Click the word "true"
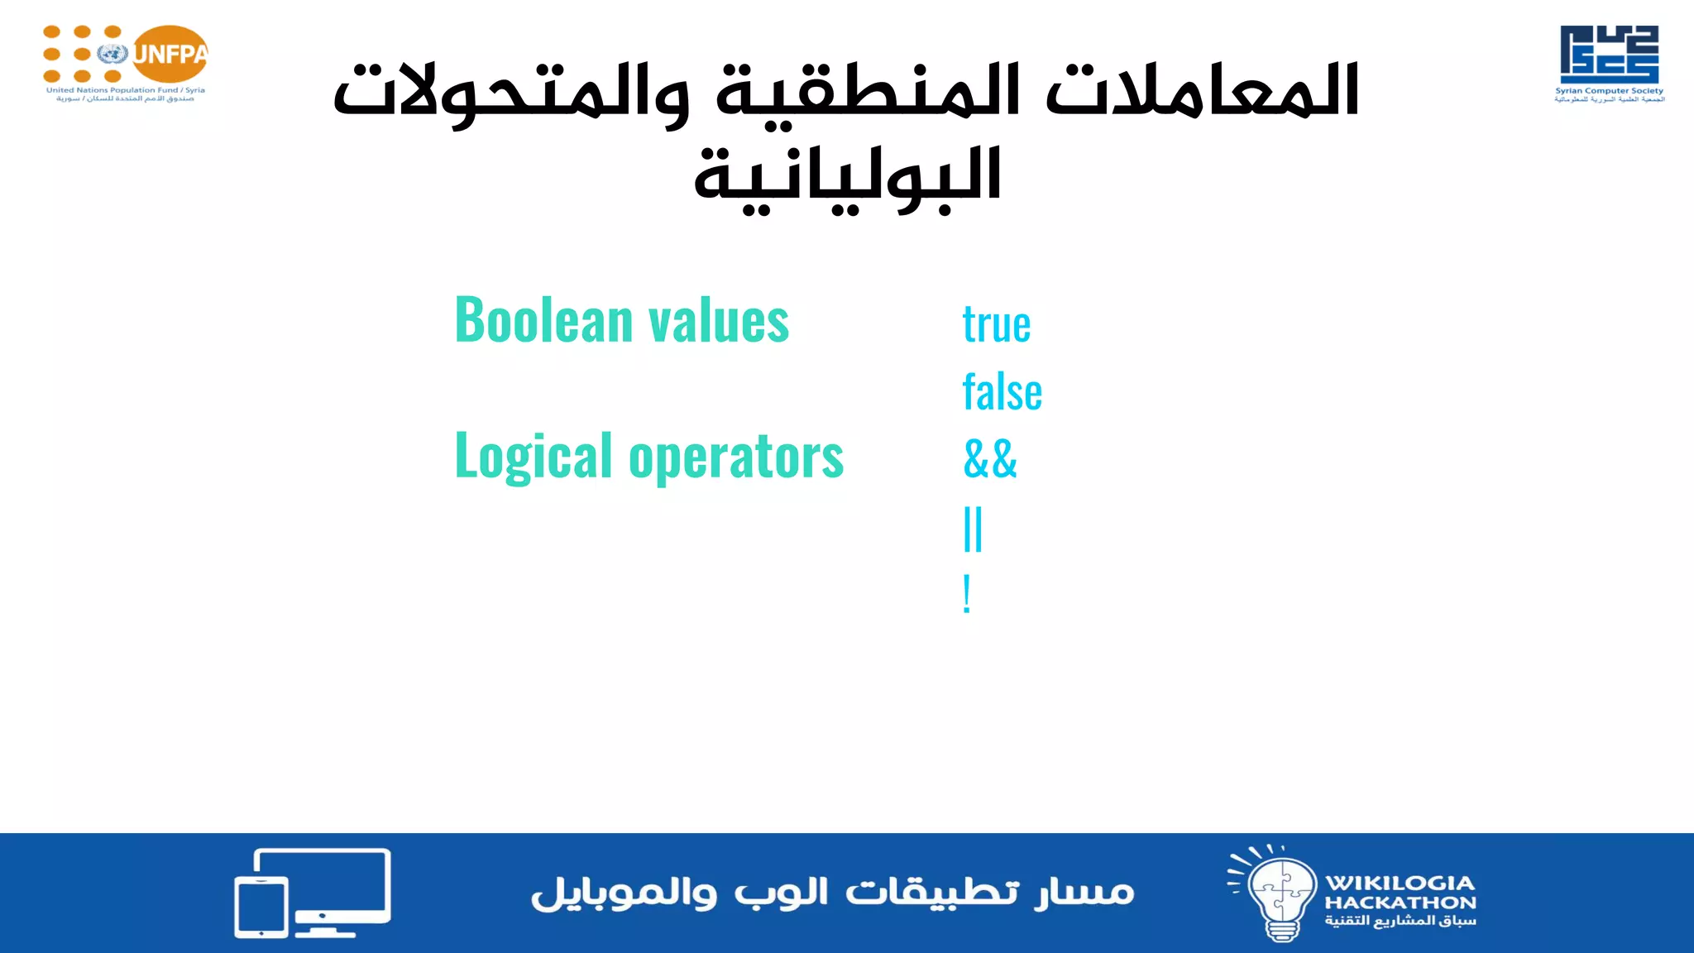[996, 324]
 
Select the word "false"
[1002, 392]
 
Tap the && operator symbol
[990, 459]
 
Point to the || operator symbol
[973, 529]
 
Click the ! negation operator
[966, 594]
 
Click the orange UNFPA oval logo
[170, 55]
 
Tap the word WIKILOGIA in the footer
[1400, 883]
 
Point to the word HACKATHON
[1400, 903]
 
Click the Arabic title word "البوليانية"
[847, 177]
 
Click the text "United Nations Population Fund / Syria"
[126, 90]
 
